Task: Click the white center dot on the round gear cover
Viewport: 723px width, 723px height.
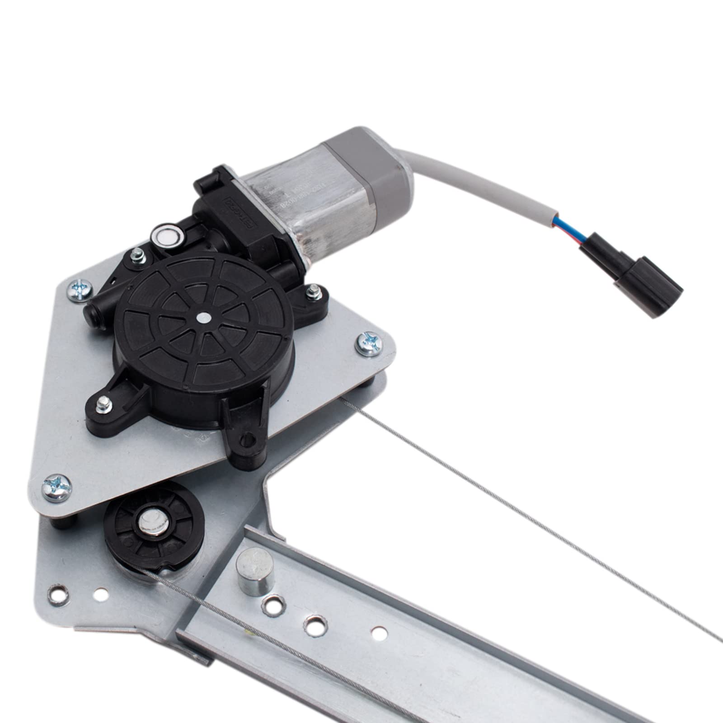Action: coord(203,317)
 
